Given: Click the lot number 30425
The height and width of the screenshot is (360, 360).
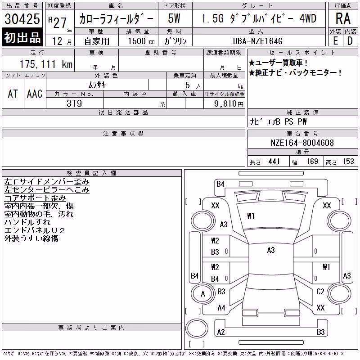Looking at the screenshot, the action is pyautogui.click(x=22, y=19).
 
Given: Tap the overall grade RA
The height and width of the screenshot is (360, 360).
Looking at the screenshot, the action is pyautogui.click(x=343, y=18).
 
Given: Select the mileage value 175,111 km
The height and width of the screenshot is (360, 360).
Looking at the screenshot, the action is pyautogui.click(x=46, y=64).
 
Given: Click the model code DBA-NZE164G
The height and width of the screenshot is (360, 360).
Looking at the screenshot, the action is pyautogui.click(x=257, y=41).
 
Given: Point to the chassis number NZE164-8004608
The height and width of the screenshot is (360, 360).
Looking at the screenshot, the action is pyautogui.click(x=302, y=143).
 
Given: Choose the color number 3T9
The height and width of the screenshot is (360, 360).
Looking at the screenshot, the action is pyautogui.click(x=74, y=103).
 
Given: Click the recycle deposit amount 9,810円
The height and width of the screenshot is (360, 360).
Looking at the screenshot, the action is pyautogui.click(x=229, y=104).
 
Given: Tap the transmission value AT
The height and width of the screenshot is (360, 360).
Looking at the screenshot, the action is pyautogui.click(x=13, y=94).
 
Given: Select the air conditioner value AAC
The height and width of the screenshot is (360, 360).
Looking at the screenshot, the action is pyautogui.click(x=35, y=94).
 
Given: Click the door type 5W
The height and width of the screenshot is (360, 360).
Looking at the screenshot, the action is pyautogui.click(x=174, y=18).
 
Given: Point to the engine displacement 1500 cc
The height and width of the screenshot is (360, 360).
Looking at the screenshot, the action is pyautogui.click(x=141, y=41).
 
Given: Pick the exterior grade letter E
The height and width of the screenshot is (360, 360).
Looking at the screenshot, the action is pyautogui.click(x=335, y=41).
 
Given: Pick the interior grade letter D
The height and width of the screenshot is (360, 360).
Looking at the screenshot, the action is pyautogui.click(x=350, y=41).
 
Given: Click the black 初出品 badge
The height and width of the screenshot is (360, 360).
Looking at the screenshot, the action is pyautogui.click(x=22, y=37).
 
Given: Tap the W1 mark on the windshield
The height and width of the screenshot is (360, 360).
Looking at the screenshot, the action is pyautogui.click(x=251, y=216).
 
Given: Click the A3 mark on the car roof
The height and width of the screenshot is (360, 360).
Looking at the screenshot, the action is pyautogui.click(x=271, y=250).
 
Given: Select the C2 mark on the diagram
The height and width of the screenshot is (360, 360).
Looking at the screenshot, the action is pyautogui.click(x=320, y=292).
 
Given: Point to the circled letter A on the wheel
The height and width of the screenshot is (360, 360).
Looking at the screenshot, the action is pyautogui.click(x=203, y=294).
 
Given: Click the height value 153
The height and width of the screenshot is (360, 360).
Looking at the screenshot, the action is pyautogui.click(x=348, y=162).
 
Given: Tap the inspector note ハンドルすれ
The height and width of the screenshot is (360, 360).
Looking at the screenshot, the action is pyautogui.click(x=27, y=222).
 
